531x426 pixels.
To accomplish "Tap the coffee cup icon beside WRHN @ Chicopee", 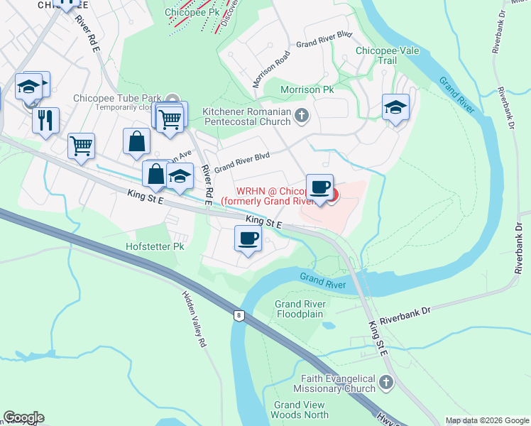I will point(319,187).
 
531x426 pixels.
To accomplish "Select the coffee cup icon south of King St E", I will point(248,239).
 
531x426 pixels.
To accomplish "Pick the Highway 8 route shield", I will point(239,314).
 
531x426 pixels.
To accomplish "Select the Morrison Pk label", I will point(307,90).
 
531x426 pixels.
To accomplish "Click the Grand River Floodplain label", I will point(300,309).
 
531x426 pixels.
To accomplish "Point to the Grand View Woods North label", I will point(302,410).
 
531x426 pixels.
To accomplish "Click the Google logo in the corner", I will point(23,417).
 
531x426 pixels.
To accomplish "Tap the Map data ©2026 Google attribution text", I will point(487,420).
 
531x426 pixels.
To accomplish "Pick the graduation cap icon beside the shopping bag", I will point(180,177).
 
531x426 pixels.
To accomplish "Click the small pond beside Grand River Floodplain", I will point(327,326).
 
